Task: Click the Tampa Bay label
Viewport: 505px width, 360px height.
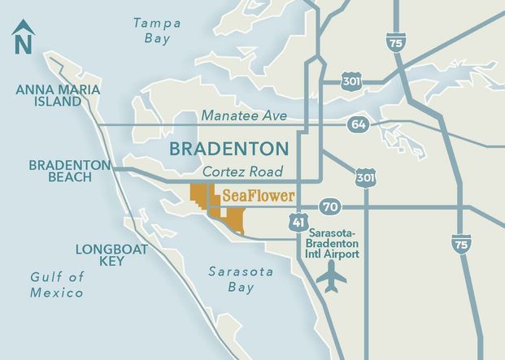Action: [156, 31]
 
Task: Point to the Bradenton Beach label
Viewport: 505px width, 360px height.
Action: [69, 171]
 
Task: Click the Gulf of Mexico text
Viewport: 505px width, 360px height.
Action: [57, 284]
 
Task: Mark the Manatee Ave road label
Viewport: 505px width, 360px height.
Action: [244, 116]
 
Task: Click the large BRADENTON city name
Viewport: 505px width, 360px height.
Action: [229, 149]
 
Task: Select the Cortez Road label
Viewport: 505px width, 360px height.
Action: [242, 171]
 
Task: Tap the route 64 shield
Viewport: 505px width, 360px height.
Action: [357, 124]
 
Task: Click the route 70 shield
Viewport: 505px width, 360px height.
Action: [329, 206]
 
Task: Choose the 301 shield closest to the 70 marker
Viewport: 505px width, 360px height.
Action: [364, 176]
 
